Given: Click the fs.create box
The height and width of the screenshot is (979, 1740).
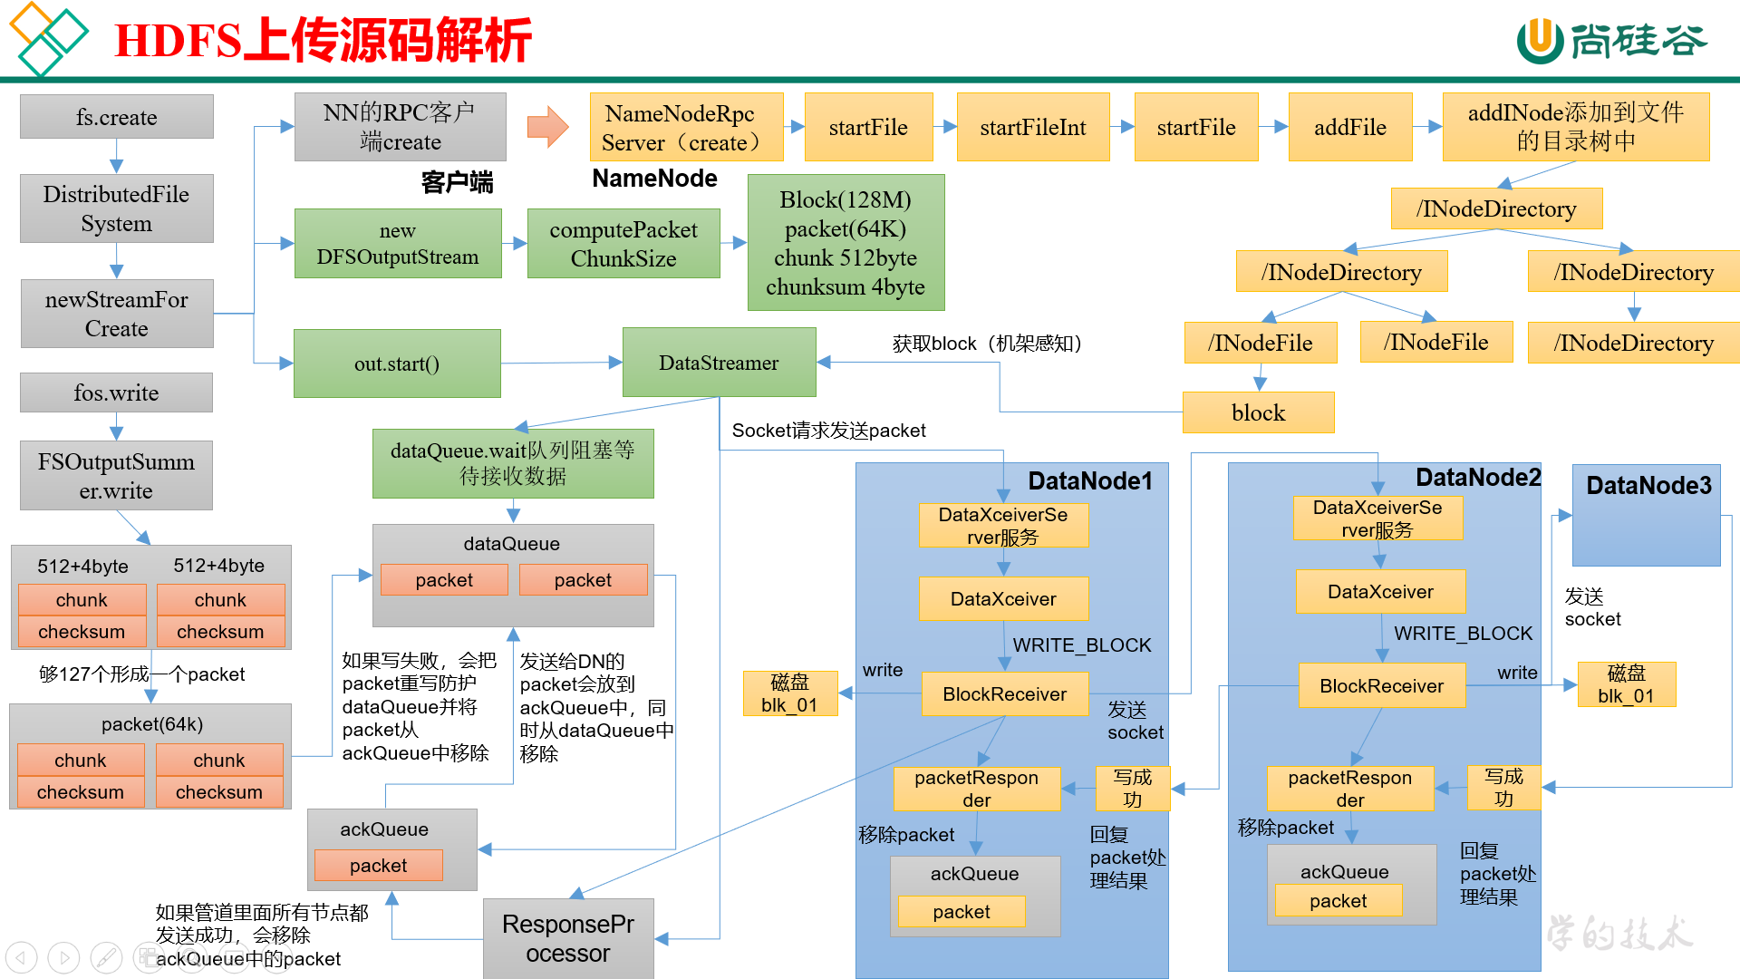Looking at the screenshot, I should pyautogui.click(x=116, y=117).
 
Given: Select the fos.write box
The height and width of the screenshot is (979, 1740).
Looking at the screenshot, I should pyautogui.click(x=116, y=393).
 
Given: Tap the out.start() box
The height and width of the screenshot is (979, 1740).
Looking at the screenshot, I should pyautogui.click(x=397, y=363).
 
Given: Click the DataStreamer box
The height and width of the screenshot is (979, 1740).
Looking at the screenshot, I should pyautogui.click(x=719, y=363).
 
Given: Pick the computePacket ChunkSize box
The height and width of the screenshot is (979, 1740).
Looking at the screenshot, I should pyautogui.click(x=623, y=244).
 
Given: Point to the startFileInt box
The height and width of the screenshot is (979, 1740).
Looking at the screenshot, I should pyautogui.click(x=1032, y=127).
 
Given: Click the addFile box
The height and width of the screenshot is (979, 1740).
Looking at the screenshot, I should pyautogui.click(x=1349, y=127).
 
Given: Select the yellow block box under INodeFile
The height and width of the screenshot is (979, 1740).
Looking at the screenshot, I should pyautogui.click(x=1258, y=412).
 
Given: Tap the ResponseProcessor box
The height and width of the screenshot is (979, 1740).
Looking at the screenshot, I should pyautogui.click(x=568, y=938).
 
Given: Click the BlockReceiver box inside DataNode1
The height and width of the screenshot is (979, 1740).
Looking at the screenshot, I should pyautogui.click(x=1004, y=693).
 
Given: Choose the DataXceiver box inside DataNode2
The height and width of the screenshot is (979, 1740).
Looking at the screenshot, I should pyautogui.click(x=1380, y=592).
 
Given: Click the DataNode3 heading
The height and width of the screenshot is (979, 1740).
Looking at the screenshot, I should pyautogui.click(x=1648, y=486).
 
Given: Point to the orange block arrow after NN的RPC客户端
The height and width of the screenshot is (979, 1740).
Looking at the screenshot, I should pyautogui.click(x=547, y=127).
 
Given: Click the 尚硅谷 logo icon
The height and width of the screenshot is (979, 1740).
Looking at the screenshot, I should pyautogui.click(x=1540, y=41).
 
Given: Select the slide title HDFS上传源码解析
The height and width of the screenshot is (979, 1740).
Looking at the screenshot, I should pyautogui.click(x=324, y=41).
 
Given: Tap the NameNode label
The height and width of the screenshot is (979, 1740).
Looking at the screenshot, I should pyautogui.click(x=654, y=179).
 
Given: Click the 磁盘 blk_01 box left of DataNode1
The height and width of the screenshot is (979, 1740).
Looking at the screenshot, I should pyautogui.click(x=789, y=693).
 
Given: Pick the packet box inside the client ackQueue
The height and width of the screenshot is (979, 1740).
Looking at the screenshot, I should pyautogui.click(x=379, y=865).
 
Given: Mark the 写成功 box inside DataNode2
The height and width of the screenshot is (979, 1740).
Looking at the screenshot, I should pyautogui.click(x=1503, y=787).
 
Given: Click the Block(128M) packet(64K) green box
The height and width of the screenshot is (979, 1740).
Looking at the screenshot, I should pyautogui.click(x=846, y=243).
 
